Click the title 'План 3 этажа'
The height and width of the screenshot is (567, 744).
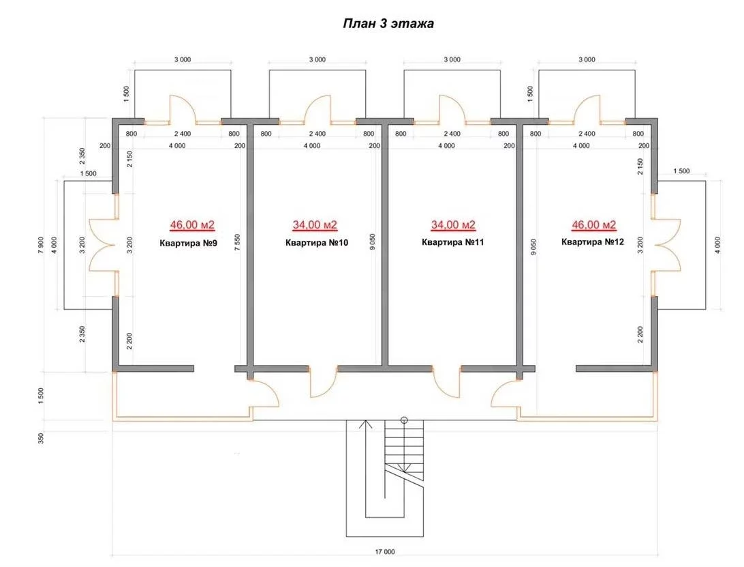(x=388, y=23)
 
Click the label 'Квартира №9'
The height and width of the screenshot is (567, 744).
(x=188, y=244)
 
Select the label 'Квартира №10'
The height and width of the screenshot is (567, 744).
(x=317, y=242)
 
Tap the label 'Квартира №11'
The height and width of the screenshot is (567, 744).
(x=452, y=242)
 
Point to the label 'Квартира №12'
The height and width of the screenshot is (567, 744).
(x=593, y=242)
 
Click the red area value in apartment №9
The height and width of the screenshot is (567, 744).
(x=192, y=224)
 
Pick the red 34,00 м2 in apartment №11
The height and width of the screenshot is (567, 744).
(x=453, y=224)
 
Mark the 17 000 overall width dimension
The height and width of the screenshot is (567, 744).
(x=385, y=552)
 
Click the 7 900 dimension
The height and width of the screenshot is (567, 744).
(x=42, y=245)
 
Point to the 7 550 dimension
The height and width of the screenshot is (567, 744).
(x=238, y=242)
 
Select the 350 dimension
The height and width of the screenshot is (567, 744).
(x=42, y=438)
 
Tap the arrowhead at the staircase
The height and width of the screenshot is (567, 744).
(x=365, y=424)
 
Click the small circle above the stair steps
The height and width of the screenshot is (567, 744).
(x=404, y=420)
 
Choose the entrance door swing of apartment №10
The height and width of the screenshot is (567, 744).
(x=323, y=383)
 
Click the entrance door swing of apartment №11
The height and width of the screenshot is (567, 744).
(x=446, y=383)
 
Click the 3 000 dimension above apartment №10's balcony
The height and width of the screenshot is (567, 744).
(x=317, y=59)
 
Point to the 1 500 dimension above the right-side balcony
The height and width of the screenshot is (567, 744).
(x=681, y=171)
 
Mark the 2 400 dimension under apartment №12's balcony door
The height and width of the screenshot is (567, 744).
(x=587, y=134)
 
